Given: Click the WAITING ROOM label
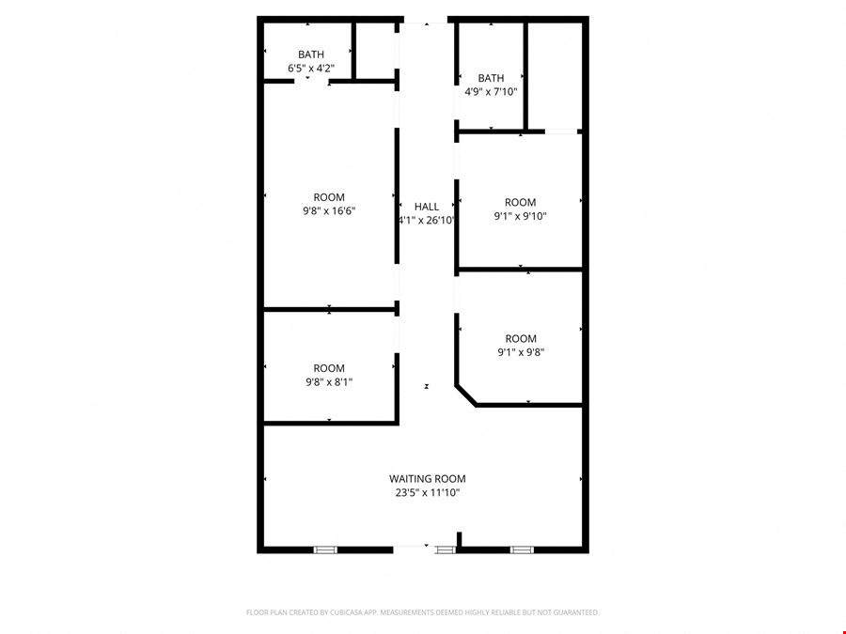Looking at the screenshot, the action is click(x=428, y=479).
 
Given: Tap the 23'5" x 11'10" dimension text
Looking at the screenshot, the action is click(x=428, y=492).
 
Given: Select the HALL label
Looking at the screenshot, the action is click(x=426, y=207).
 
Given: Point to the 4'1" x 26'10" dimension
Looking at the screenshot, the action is click(x=426, y=220).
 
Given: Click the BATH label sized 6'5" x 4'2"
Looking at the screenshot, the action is click(x=311, y=54).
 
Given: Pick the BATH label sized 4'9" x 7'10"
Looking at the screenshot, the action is click(x=491, y=78).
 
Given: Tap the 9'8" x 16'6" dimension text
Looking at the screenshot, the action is click(x=329, y=210).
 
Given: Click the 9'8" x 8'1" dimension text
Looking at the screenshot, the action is click(x=329, y=382).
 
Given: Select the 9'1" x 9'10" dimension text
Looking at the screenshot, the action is click(x=521, y=216).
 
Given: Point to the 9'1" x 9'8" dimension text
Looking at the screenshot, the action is click(x=521, y=352).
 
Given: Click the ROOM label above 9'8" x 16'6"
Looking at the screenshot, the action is click(x=329, y=197).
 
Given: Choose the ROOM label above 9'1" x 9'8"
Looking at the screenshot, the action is click(x=521, y=338).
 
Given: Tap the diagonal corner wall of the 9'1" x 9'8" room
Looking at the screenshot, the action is click(x=466, y=395).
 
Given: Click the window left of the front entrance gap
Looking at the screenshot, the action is click(x=325, y=549).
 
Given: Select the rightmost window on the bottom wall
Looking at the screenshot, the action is click(x=522, y=549).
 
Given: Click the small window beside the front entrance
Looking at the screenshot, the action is click(x=446, y=549).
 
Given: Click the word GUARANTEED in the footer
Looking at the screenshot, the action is click(x=579, y=612).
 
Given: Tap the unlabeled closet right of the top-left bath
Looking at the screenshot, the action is click(x=375, y=51).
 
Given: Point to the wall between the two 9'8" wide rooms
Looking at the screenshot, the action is click(x=329, y=309).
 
